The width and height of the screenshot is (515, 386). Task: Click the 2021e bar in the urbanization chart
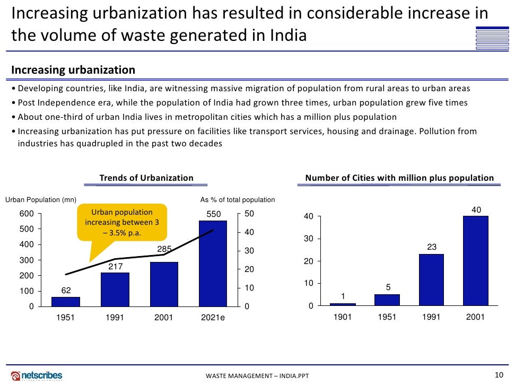point(213,264)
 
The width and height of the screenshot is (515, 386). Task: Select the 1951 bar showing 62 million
point(66,302)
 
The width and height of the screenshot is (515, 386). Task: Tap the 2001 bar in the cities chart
point(476,261)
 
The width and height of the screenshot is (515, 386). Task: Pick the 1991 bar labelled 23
point(432,280)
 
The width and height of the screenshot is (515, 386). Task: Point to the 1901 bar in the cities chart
point(343,304)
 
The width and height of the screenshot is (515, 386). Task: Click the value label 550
point(213,214)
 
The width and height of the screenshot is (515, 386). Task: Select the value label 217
point(115,267)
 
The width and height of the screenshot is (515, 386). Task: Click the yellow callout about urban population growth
point(122,222)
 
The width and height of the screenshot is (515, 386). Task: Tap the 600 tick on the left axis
point(27,214)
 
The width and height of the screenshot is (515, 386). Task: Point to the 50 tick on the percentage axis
point(249,214)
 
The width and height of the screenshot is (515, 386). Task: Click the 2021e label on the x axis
point(213,319)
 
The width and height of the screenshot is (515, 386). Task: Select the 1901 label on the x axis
point(343,318)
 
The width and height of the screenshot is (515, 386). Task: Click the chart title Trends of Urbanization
point(146,178)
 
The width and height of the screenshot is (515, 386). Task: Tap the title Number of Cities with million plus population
point(399,178)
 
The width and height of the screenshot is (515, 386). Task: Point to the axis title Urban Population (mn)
point(41,200)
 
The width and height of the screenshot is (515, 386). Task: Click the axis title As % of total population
point(238,200)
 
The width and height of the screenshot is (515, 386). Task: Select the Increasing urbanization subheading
point(73,70)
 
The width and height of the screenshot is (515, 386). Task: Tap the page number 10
point(498,375)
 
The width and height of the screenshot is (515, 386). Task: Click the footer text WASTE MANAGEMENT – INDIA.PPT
point(257,376)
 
